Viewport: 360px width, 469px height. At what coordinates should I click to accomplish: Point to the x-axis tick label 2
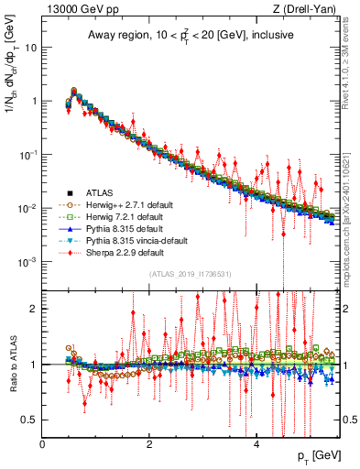(x=149, y=443)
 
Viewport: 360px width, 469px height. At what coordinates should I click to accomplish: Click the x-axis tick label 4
(x=256, y=443)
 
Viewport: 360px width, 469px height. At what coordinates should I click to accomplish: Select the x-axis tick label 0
(x=43, y=443)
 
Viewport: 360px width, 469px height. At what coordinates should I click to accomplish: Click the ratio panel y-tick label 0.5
(x=29, y=420)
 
